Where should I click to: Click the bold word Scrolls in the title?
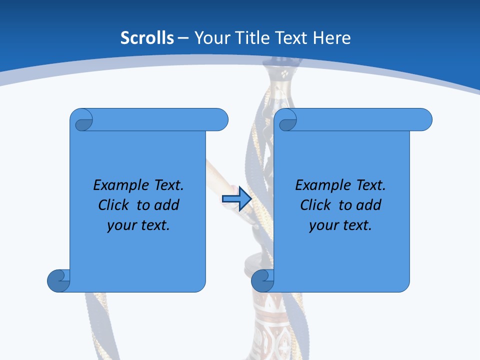coord(147,38)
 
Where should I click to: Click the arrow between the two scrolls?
coord(236,199)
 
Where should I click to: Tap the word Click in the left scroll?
coord(114,205)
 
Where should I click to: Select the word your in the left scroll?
coord(119,225)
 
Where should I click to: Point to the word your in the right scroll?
coord(321,225)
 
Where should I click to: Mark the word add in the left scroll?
coord(166,205)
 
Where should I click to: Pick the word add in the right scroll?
coord(368,205)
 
